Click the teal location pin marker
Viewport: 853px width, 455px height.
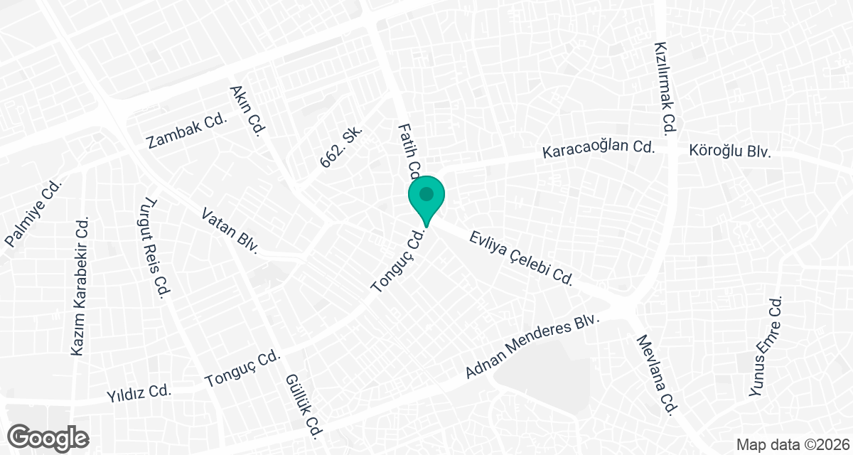point(426,198)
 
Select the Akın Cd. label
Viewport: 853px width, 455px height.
point(247,111)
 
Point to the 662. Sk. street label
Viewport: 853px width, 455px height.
point(342,148)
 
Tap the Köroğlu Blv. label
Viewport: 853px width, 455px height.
point(730,151)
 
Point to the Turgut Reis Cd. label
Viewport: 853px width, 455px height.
point(154,247)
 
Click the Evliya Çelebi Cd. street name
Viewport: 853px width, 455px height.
point(521,257)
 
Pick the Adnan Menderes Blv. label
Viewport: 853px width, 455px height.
point(532,347)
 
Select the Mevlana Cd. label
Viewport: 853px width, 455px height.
point(659,376)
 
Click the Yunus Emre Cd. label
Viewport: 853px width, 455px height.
point(766,347)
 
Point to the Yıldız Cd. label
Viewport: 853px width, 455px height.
point(139,391)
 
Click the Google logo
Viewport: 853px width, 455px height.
point(48,437)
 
